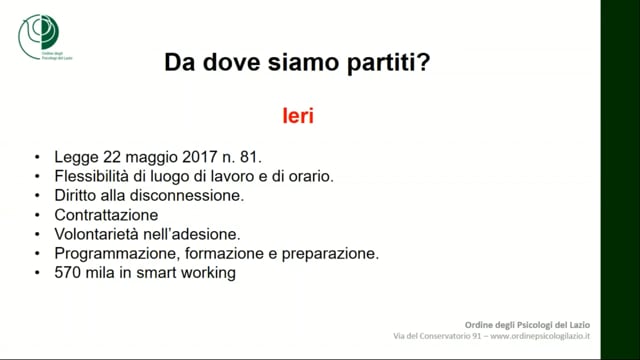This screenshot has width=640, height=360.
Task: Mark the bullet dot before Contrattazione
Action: [x=36, y=215]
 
